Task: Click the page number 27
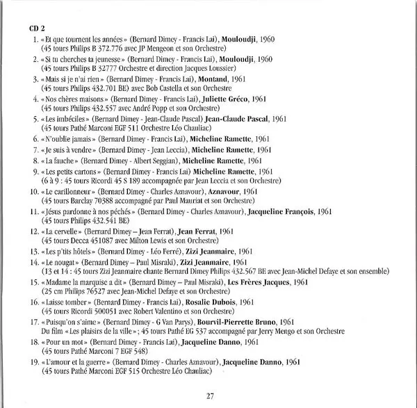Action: [209, 395]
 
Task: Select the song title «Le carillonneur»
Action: [67, 190]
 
